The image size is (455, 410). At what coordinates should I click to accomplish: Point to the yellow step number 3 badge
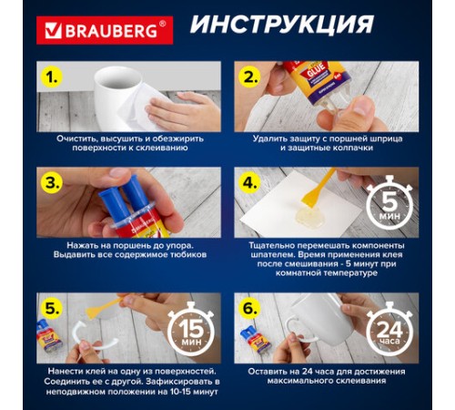coord(56,182)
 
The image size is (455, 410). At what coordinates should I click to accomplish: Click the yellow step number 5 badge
coord(56,306)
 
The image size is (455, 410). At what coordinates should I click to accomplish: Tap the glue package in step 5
coord(51,336)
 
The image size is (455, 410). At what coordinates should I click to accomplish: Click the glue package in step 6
coord(252,336)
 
